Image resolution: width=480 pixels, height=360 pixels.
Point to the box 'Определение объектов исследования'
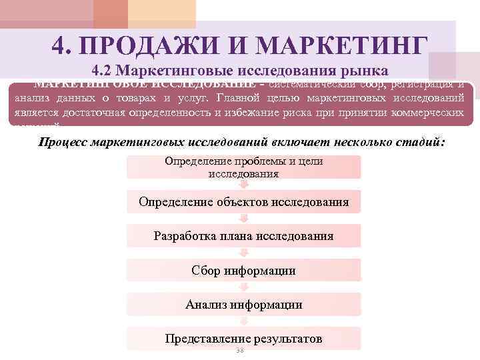click(243, 201)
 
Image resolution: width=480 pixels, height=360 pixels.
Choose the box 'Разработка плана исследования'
click(243, 236)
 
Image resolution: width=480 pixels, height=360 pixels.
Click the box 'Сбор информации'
click(243, 271)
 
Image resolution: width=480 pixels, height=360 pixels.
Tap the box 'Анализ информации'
click(243, 305)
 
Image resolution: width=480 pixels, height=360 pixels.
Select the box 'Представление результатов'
click(243, 339)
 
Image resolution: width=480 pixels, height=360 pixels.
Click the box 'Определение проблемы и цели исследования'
click(243, 167)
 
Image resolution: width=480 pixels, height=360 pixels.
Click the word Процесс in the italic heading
click(65, 142)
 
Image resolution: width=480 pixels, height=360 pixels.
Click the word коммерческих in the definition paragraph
click(427, 113)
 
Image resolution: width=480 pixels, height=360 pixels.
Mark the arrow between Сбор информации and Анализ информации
click(243, 287)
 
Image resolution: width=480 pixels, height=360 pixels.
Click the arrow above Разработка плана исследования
click(243, 219)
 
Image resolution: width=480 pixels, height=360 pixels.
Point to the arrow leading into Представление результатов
click(243, 321)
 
